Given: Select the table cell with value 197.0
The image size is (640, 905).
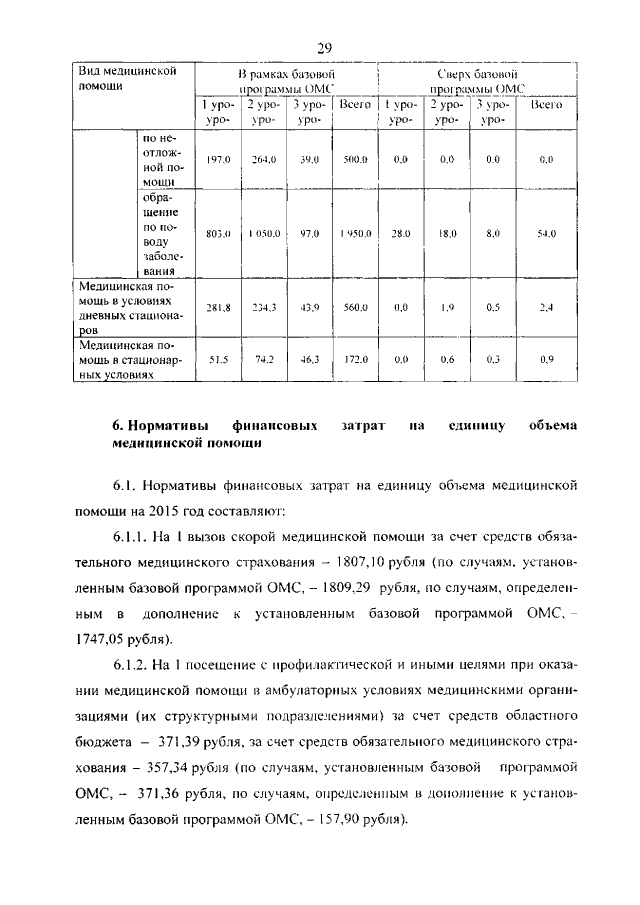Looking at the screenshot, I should (x=217, y=159).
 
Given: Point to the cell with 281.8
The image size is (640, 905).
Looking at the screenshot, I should (x=217, y=308).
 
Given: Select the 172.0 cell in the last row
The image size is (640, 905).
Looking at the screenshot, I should (x=354, y=358).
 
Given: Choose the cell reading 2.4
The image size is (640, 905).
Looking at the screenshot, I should (x=546, y=308).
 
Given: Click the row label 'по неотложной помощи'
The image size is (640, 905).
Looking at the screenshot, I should (x=160, y=160).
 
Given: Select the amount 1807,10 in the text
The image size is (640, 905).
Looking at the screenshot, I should (x=409, y=560).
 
